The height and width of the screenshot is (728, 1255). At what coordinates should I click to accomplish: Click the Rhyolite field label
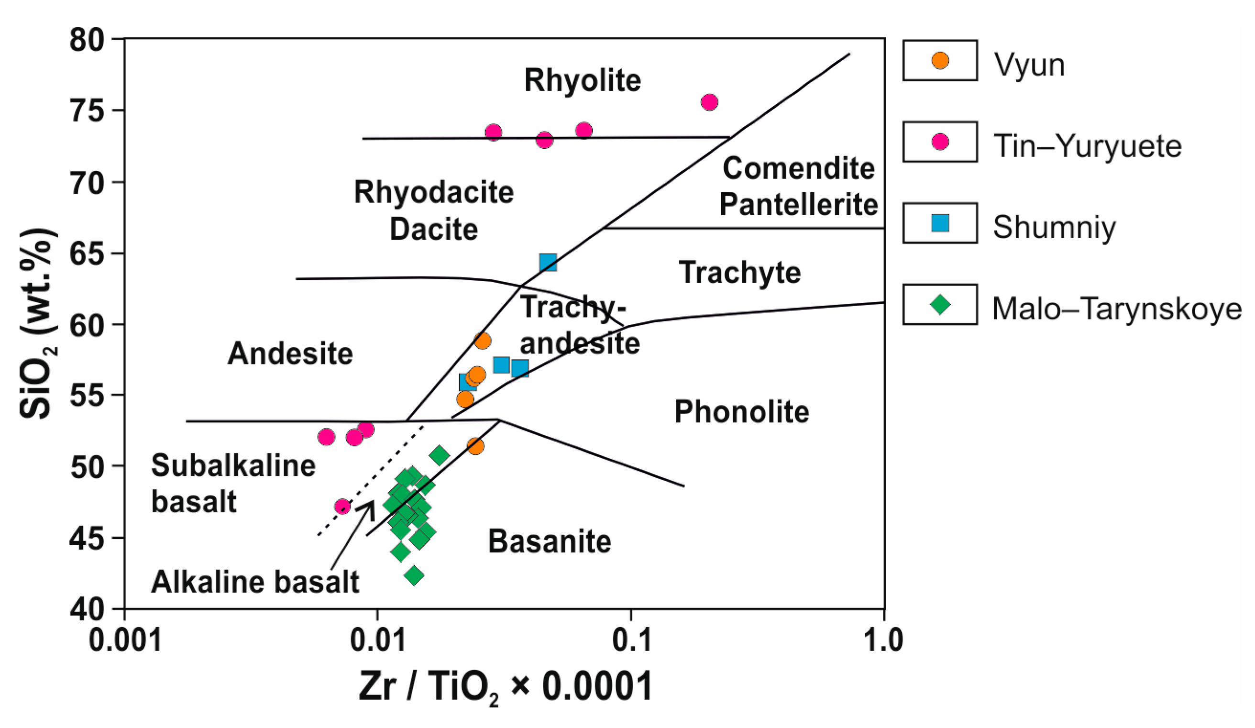click(x=582, y=81)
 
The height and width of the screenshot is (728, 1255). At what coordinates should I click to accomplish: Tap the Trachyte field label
click(x=739, y=273)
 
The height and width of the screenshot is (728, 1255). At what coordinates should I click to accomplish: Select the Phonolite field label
click(x=741, y=412)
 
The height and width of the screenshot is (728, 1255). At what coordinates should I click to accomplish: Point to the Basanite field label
click(x=550, y=542)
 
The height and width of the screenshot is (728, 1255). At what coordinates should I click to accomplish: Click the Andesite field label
click(x=290, y=354)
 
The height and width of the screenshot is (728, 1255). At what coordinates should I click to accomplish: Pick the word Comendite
click(x=798, y=169)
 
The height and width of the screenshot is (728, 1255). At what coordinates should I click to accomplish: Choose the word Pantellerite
click(x=798, y=205)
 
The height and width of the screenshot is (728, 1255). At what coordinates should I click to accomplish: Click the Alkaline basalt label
click(x=255, y=582)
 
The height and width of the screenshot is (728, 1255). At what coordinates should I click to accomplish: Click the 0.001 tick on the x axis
click(x=125, y=641)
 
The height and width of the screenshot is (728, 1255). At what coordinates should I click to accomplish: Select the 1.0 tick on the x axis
click(x=882, y=641)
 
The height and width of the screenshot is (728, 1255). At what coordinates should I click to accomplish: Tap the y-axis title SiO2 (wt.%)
click(x=38, y=324)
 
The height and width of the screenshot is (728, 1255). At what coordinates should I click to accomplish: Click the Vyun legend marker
click(x=940, y=61)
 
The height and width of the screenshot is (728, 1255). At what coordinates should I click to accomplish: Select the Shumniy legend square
click(x=940, y=223)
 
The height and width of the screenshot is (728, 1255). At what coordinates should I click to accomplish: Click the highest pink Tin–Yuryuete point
click(x=709, y=102)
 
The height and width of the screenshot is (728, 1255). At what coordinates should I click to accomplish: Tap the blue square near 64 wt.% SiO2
click(x=548, y=262)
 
